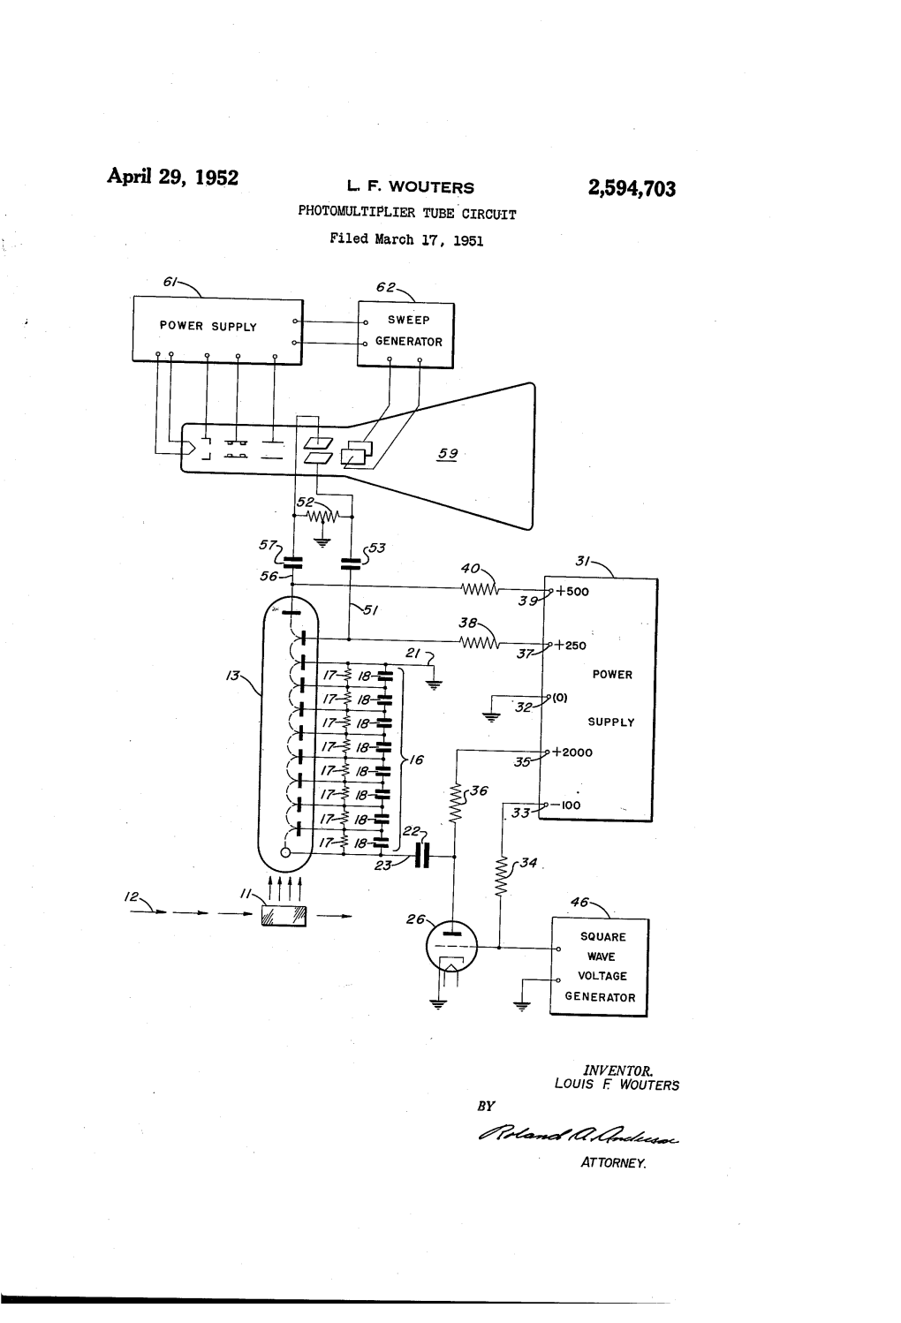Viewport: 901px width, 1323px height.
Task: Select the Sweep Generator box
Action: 405,333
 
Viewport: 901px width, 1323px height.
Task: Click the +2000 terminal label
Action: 572,752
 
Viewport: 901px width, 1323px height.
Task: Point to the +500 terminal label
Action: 572,592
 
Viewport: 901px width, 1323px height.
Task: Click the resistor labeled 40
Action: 478,588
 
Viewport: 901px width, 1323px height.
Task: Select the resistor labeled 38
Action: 478,642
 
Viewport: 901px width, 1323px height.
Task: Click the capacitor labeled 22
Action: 422,855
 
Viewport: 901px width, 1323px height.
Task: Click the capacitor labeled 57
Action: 293,561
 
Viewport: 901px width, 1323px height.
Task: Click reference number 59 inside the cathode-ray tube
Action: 448,454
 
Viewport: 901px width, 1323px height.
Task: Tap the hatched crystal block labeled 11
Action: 283,917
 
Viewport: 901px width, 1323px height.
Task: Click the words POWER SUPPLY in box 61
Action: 208,327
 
